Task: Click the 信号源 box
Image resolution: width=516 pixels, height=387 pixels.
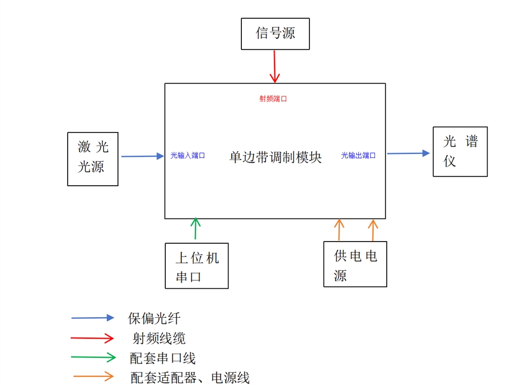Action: point(275,34)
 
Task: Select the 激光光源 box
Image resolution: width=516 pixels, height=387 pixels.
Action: point(92,159)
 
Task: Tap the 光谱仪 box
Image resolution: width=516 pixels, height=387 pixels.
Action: point(460,151)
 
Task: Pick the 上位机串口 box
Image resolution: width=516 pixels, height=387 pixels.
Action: point(197,266)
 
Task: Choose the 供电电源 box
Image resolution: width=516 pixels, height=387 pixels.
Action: point(355,264)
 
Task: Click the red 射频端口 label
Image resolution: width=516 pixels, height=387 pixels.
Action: point(274,99)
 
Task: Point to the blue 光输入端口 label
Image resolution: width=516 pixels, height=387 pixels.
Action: point(188,156)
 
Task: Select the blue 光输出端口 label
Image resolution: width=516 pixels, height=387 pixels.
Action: point(358,156)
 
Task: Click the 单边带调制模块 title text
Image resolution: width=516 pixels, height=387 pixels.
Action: point(275,157)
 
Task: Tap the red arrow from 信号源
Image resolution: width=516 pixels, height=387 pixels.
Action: point(275,67)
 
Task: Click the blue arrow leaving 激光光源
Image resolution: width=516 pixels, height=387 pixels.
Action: point(142,156)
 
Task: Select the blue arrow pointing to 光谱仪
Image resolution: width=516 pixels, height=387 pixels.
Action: point(409,154)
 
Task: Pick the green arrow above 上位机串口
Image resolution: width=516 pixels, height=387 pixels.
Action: point(196,229)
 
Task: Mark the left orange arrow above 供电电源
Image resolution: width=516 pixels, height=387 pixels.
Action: point(339,230)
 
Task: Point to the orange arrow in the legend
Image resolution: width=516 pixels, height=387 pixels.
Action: point(93,376)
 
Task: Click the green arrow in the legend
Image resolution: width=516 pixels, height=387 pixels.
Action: point(93,357)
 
